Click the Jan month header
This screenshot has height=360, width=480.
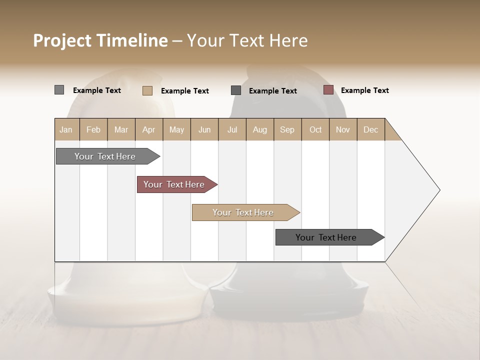coord(66,129)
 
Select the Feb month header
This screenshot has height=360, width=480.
coord(93,129)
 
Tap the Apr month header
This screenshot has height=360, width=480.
coord(148,129)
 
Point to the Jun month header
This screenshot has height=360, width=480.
coord(204,129)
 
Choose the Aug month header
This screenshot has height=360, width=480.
coord(260,129)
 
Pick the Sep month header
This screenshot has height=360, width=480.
coord(287,129)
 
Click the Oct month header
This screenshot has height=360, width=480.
coord(315,129)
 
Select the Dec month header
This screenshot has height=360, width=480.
coord(370,129)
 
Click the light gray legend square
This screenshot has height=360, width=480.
coord(59,90)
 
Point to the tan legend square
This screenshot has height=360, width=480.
coord(147,90)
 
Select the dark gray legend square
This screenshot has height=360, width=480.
coord(236,90)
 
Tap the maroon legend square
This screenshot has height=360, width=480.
coord(328,90)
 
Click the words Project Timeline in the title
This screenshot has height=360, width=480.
coord(100,40)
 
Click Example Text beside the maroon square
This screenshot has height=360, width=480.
coord(364,90)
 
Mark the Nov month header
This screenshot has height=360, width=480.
coord(342,129)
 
